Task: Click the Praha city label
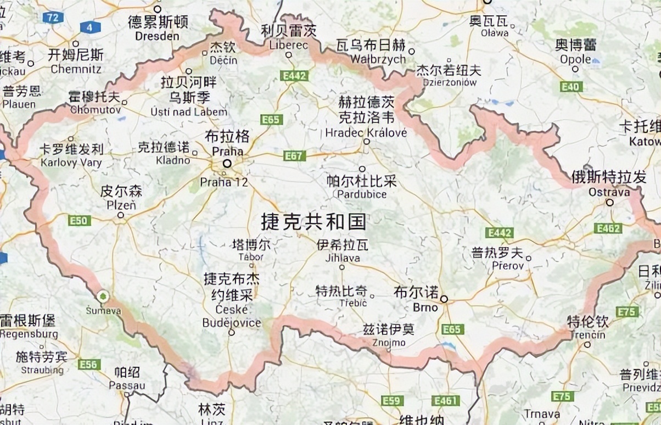(x=227, y=150)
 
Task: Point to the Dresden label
(x=157, y=36)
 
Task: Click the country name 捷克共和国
(x=313, y=222)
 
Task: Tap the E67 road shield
(x=294, y=156)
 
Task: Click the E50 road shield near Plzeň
(x=79, y=221)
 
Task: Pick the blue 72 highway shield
(x=53, y=18)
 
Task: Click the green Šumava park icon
(x=102, y=297)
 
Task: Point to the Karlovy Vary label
(x=71, y=163)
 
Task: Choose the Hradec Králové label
(x=366, y=133)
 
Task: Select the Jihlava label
(x=342, y=258)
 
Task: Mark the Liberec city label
(x=289, y=45)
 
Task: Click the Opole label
(x=575, y=59)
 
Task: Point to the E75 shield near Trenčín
(x=627, y=312)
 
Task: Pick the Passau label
(x=127, y=385)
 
